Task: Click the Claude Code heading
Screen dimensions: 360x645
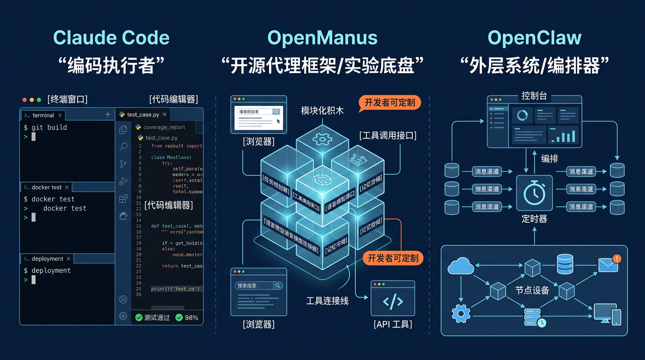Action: (x=111, y=38)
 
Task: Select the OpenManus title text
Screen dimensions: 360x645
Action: (x=322, y=38)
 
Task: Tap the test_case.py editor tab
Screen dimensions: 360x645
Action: (x=143, y=115)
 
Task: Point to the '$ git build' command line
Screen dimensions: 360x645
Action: (x=45, y=127)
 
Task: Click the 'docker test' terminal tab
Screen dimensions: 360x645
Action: (x=46, y=187)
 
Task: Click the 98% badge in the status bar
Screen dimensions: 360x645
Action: (x=187, y=317)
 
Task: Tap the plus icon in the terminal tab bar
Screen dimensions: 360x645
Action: (x=108, y=115)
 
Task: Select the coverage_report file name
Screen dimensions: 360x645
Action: (x=164, y=127)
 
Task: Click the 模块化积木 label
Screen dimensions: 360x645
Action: (x=322, y=110)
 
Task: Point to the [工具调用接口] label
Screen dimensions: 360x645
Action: (x=388, y=135)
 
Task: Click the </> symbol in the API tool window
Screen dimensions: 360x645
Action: (x=393, y=301)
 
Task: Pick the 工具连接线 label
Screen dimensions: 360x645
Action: (x=327, y=301)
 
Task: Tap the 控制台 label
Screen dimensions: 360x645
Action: (x=534, y=96)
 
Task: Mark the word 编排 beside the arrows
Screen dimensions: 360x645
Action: (x=549, y=158)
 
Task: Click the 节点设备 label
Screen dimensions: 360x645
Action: (x=532, y=290)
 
